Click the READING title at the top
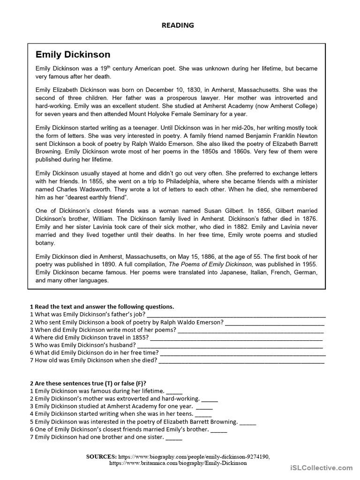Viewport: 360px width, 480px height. tap(178, 25)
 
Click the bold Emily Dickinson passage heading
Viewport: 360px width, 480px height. tap(73, 55)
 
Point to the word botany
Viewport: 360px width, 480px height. tap(45, 243)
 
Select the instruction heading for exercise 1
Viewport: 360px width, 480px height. tap(102, 307)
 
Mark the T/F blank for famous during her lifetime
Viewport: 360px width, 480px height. tap(174, 391)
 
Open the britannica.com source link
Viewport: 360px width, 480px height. tap(178, 463)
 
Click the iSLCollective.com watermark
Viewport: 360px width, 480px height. tap(321, 467)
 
